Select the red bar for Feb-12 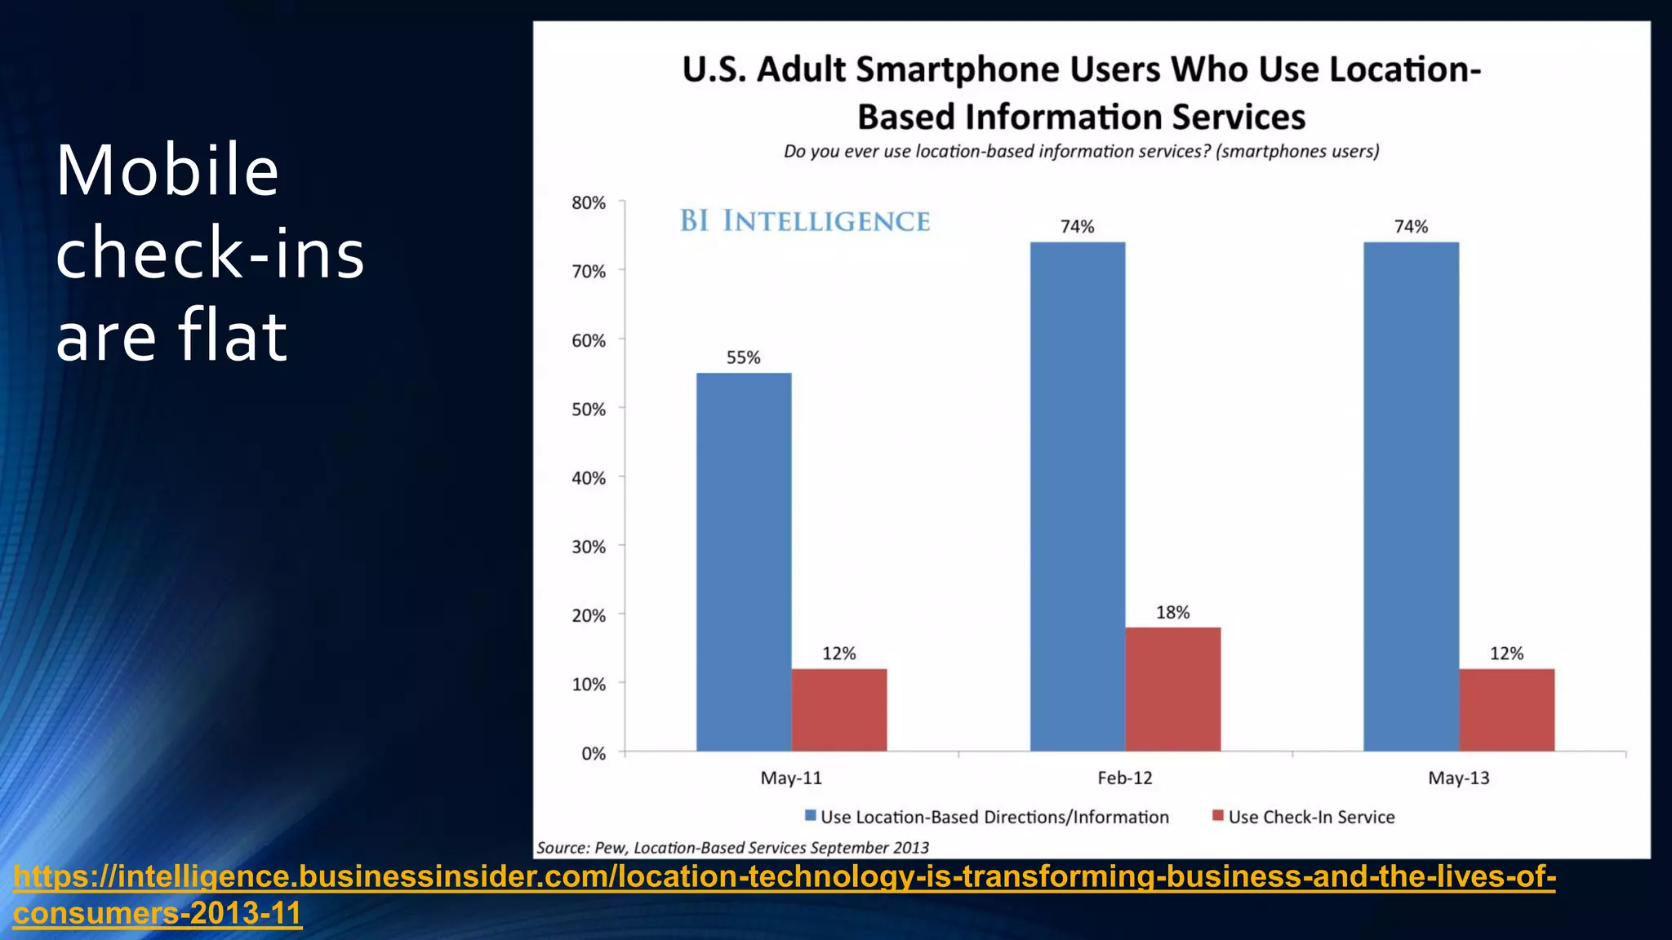coord(1172,689)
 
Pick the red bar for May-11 coord(838,709)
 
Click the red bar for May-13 coord(1506,709)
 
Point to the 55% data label coord(743,357)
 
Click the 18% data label coord(1172,612)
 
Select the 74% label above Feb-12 coord(1077,227)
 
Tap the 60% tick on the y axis coord(589,340)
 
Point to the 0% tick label coord(594,753)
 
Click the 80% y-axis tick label coord(589,203)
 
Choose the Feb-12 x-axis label coord(1124,778)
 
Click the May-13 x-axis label coord(1458,778)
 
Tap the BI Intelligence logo coord(805,221)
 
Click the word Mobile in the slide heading coord(167,171)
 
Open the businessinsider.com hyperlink coord(784,877)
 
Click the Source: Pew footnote coord(732,847)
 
